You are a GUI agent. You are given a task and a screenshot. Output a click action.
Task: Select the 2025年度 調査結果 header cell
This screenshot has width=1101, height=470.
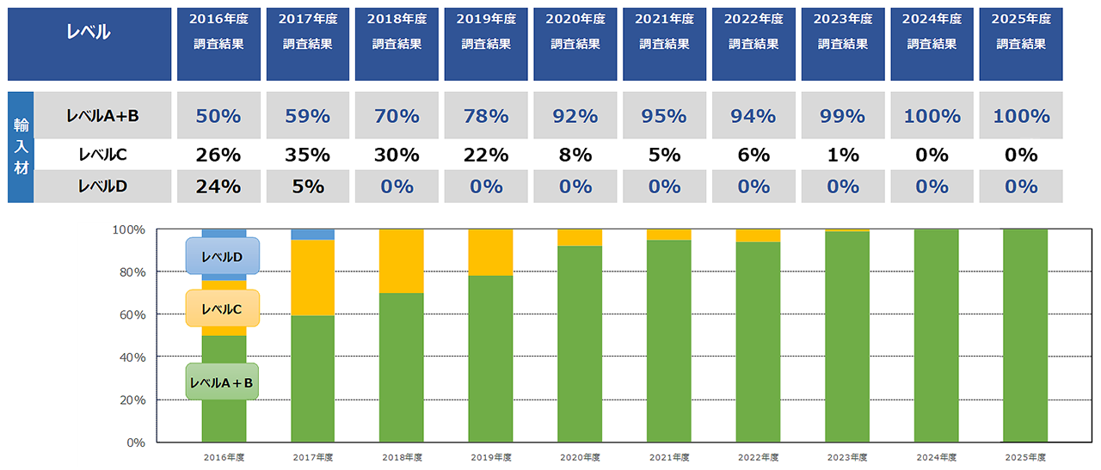pyautogui.click(x=1021, y=44)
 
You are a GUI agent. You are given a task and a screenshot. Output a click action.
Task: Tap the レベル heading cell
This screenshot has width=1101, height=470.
pyautogui.click(x=89, y=34)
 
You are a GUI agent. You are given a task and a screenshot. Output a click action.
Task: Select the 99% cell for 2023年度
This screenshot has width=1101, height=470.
pyautogui.click(x=842, y=116)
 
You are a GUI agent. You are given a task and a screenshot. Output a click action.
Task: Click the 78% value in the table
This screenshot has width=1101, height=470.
pyautogui.click(x=486, y=116)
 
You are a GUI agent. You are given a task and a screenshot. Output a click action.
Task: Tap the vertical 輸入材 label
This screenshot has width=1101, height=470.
pyautogui.click(x=21, y=147)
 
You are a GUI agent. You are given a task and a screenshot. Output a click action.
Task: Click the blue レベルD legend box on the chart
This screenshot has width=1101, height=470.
pyautogui.click(x=222, y=256)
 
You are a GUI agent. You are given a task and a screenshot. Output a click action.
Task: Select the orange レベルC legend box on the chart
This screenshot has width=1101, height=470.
pyautogui.click(x=222, y=308)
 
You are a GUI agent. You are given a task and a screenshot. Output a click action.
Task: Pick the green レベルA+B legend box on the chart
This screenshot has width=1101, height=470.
pyautogui.click(x=222, y=381)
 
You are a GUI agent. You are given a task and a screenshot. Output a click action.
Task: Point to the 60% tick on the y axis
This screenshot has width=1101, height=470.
pyautogui.click(x=130, y=314)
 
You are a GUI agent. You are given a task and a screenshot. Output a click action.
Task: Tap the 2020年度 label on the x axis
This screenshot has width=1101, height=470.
pyautogui.click(x=580, y=457)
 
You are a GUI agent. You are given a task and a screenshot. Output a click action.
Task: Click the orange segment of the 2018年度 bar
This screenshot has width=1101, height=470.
pyautogui.click(x=402, y=261)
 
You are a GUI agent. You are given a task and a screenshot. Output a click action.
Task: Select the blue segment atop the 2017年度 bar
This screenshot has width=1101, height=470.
pyautogui.click(x=312, y=235)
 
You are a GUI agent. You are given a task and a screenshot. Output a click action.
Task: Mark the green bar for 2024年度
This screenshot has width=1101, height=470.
pyautogui.click(x=936, y=335)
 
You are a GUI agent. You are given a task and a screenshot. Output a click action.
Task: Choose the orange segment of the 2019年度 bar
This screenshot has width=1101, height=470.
pyautogui.click(x=490, y=253)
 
